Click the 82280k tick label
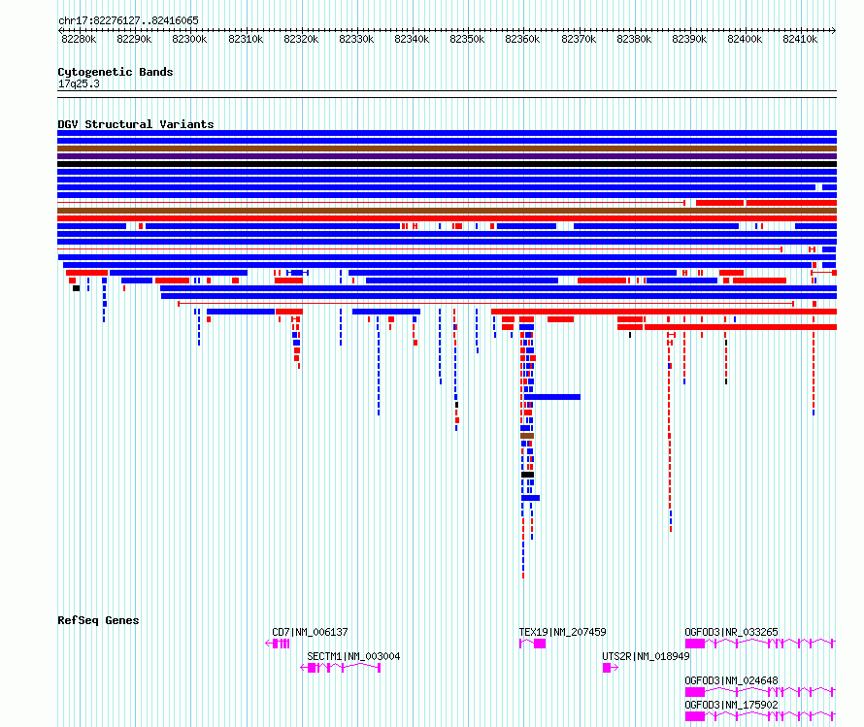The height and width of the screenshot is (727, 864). click(79, 39)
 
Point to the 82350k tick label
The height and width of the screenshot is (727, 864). click(467, 39)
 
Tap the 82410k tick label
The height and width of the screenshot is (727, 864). click(800, 39)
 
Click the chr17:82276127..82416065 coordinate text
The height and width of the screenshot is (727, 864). click(128, 21)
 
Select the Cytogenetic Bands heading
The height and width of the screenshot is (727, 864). click(116, 72)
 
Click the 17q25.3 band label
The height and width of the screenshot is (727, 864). click(79, 83)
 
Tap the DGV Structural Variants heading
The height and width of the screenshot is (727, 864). click(136, 124)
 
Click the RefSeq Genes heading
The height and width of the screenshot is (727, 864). click(98, 620)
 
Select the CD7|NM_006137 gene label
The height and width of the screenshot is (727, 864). click(310, 632)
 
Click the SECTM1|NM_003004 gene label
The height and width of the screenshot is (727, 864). click(353, 656)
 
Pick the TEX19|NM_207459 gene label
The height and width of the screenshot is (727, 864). click(562, 632)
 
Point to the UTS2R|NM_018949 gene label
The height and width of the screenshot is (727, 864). click(646, 656)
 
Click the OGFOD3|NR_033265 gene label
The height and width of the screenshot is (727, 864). click(731, 632)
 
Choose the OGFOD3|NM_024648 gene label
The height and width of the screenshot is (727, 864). click(731, 680)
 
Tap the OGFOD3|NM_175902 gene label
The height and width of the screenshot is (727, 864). click(731, 705)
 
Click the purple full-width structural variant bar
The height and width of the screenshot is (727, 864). click(447, 156)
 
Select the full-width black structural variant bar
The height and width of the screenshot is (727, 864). click(447, 164)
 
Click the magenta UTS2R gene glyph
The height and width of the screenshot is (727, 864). click(610, 668)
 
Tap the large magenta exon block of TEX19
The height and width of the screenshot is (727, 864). click(540, 644)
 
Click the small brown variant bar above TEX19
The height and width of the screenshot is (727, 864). click(527, 436)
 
